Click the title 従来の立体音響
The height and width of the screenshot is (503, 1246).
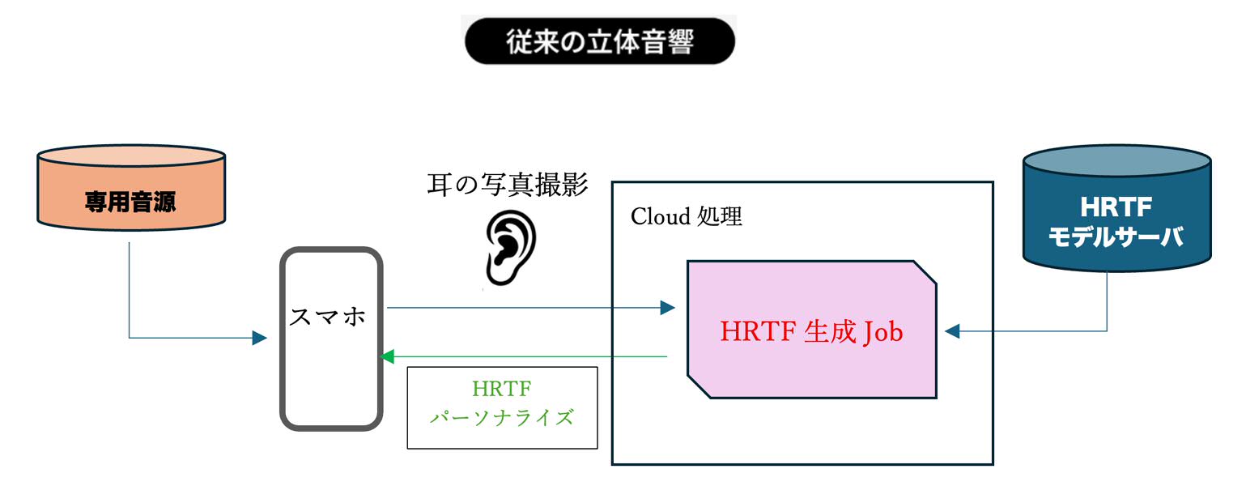(599, 40)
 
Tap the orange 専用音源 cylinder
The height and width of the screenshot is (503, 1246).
(130, 194)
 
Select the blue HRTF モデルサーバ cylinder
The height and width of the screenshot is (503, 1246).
(1116, 211)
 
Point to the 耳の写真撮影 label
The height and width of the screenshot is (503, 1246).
(508, 185)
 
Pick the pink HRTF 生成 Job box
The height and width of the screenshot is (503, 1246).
(811, 330)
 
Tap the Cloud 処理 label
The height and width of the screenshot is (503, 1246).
(686, 216)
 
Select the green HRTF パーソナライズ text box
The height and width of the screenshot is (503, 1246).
(502, 407)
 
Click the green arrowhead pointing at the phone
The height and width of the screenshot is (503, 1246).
(386, 356)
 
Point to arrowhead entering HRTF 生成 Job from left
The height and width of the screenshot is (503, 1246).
(668, 308)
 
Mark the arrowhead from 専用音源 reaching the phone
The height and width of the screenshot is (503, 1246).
(260, 338)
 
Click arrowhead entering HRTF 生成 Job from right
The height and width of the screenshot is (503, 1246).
(952, 330)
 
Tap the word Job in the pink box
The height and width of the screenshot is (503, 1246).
(882, 332)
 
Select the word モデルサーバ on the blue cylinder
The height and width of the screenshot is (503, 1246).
(1116, 237)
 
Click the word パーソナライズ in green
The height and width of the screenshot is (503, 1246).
(502, 419)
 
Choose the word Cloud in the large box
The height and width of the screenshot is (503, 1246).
(658, 217)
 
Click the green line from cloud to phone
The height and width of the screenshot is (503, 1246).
(526, 356)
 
